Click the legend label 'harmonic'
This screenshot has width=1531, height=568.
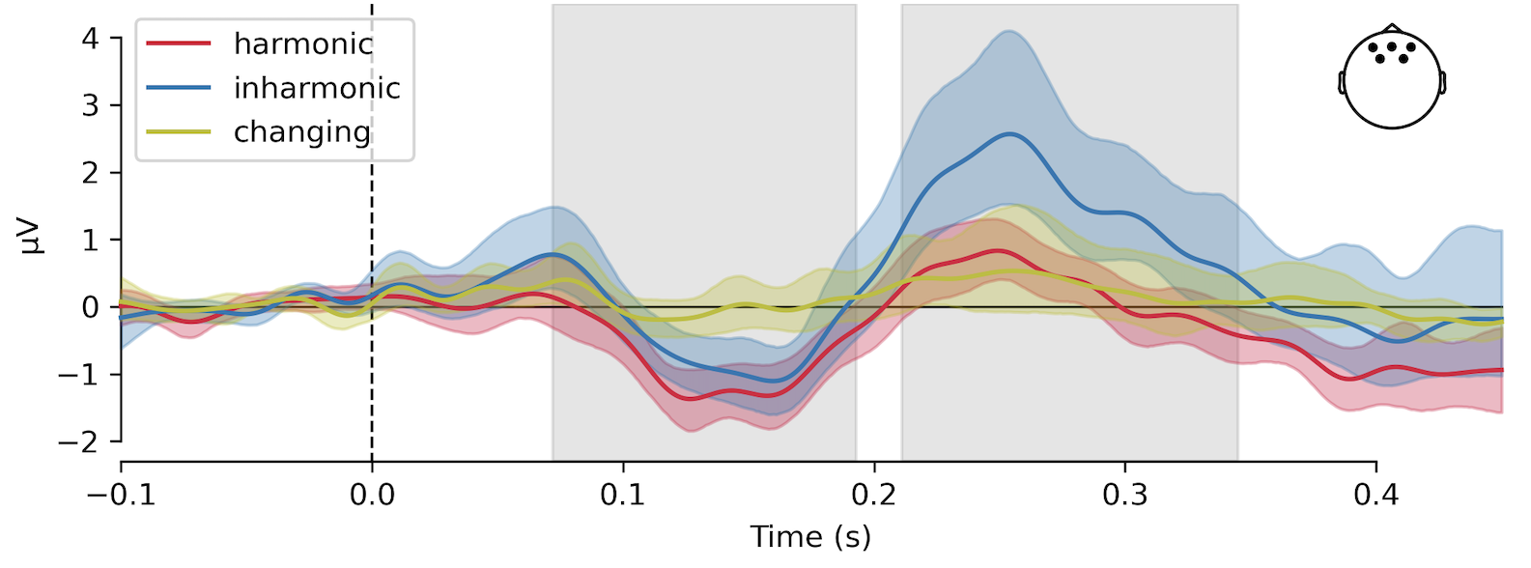(302, 43)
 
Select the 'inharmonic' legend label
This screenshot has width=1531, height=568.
(317, 88)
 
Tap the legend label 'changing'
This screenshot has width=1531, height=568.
(302, 131)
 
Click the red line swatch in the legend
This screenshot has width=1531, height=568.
(179, 43)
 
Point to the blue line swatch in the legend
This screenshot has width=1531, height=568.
(179, 88)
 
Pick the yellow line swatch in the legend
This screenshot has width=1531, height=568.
(179, 131)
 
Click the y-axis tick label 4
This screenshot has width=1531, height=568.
(90, 39)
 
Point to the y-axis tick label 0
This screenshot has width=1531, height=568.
(90, 307)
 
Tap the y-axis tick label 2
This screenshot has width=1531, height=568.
(90, 173)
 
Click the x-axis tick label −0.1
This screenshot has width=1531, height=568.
(121, 496)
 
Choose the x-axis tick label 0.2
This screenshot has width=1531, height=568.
(874, 496)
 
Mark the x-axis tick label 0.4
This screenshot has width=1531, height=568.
(1375, 496)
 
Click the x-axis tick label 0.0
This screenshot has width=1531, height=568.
(372, 496)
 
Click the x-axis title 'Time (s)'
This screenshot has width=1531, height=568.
(810, 536)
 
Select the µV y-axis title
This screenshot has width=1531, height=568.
(33, 238)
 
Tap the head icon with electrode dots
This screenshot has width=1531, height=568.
(1392, 76)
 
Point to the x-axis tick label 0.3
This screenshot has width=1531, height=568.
(1125, 496)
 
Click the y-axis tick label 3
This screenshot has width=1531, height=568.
(90, 105)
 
